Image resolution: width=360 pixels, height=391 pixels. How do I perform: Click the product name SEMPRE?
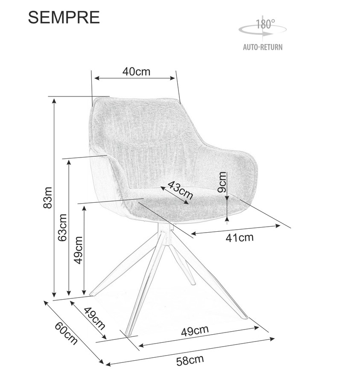click(x=64, y=17)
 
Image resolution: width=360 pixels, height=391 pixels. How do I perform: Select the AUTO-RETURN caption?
click(x=263, y=47)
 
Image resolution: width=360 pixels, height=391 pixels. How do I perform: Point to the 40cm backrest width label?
click(x=136, y=71)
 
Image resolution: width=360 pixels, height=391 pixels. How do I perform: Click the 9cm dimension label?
click(x=222, y=183)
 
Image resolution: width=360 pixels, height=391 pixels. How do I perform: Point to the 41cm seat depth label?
click(x=240, y=237)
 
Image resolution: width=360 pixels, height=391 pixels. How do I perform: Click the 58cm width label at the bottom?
click(x=190, y=361)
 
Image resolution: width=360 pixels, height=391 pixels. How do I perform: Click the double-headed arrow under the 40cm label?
click(x=135, y=78)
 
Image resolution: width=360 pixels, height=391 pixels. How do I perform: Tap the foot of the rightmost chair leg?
click(x=244, y=317)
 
